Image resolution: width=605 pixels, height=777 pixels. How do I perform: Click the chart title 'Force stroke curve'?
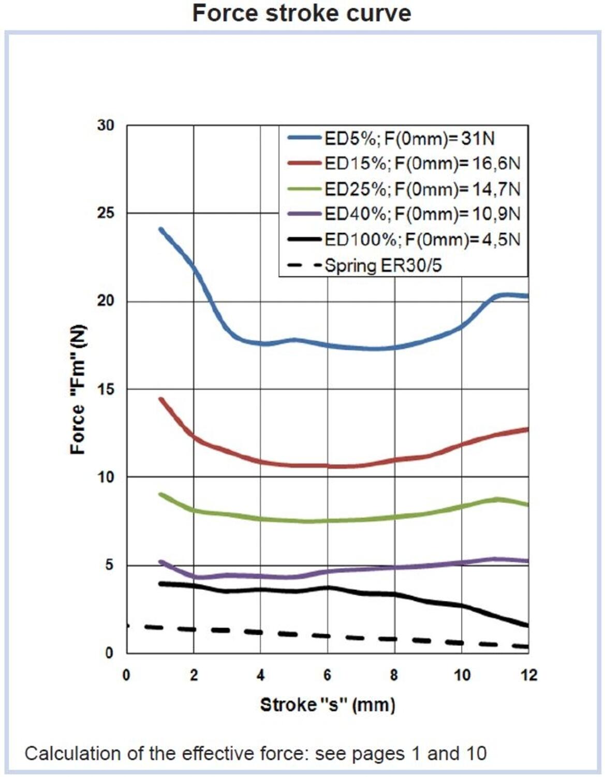coord(302,13)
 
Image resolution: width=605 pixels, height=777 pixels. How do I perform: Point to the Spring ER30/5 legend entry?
coord(383,266)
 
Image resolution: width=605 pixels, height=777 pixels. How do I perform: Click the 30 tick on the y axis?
coord(106,125)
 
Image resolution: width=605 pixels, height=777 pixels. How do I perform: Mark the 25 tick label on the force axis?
coord(106,213)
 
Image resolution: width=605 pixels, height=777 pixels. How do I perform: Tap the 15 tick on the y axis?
coord(106,389)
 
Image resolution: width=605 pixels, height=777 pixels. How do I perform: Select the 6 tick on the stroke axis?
coord(327,675)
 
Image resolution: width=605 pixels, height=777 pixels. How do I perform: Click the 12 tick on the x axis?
coord(528,675)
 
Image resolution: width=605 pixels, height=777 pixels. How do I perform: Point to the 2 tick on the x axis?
coord(194,675)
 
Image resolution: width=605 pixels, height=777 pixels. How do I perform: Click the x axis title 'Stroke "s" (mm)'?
coord(327,704)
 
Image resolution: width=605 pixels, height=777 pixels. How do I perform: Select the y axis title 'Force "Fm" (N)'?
coord(78,390)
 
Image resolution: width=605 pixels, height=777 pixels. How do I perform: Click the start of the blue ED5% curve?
coord(161,229)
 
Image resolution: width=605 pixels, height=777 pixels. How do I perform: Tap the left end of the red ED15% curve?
coord(161,399)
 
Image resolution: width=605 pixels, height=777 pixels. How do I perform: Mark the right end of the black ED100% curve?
coord(527,626)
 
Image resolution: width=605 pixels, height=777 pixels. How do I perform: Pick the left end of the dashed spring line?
coord(128,626)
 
